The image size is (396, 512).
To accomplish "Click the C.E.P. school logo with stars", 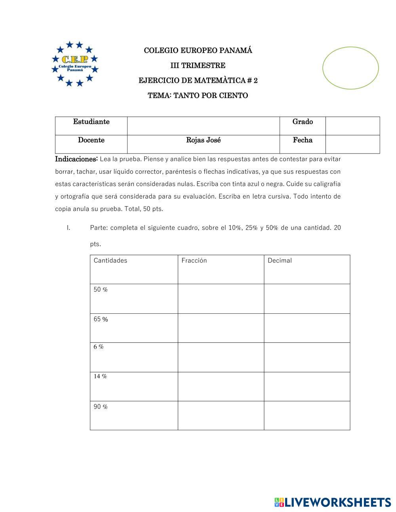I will tap(75, 64).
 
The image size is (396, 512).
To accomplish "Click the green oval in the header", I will tap(350, 68).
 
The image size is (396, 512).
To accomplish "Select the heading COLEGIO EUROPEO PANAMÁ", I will tap(198, 51).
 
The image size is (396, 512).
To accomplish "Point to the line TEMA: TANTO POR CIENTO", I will tap(198, 96).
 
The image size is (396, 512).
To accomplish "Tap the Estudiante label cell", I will tap(91, 122).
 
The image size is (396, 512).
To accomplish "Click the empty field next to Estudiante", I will tap(203, 126).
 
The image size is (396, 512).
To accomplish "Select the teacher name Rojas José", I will tap(203, 140).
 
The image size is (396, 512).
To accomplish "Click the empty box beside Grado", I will tap(352, 126).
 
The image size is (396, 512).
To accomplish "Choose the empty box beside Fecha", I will tap(352, 144).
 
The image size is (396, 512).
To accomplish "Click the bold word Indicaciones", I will tap(76, 159).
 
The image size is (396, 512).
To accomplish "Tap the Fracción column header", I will tap(194, 260).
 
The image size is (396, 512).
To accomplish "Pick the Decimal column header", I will tap(280, 260).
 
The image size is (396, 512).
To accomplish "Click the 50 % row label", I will tap(101, 290).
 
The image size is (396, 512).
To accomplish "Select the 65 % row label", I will tap(101, 319).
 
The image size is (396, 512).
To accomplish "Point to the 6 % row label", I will tap(99, 347).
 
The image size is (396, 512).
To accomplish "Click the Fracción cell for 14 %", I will tap(221, 387).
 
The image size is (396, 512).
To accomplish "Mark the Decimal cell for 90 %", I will tap(307, 415).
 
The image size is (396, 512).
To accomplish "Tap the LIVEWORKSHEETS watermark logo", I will tap(333, 503).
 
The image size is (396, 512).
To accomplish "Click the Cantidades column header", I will tap(110, 260).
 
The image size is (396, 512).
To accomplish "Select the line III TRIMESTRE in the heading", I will tap(198, 66).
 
